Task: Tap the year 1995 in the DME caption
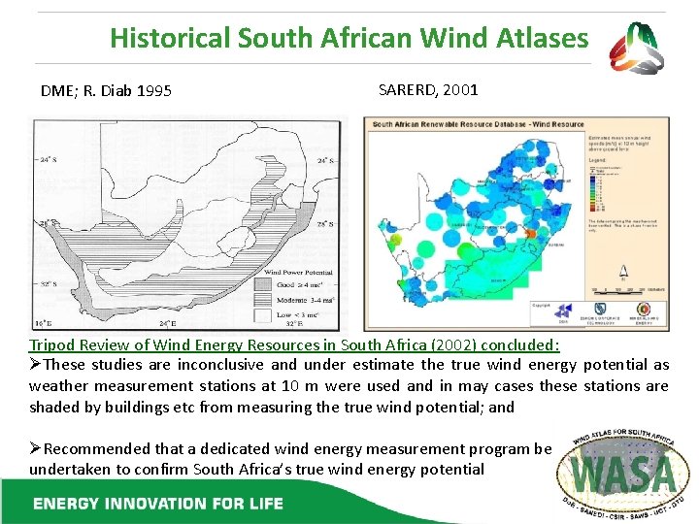[154, 91]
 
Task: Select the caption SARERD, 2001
[427, 89]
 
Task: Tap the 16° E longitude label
[45, 321]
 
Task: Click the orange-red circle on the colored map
[530, 235]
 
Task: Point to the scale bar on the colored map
[625, 290]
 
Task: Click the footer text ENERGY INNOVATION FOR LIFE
[158, 504]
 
